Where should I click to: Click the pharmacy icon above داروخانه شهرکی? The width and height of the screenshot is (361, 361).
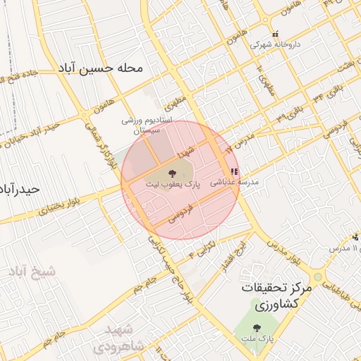(276, 33)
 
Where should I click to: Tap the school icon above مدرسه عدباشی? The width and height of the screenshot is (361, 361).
(234, 171)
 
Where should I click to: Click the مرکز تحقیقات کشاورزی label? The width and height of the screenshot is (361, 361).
(271, 296)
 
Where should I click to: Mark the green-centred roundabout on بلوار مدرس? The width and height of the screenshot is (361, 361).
(317, 276)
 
